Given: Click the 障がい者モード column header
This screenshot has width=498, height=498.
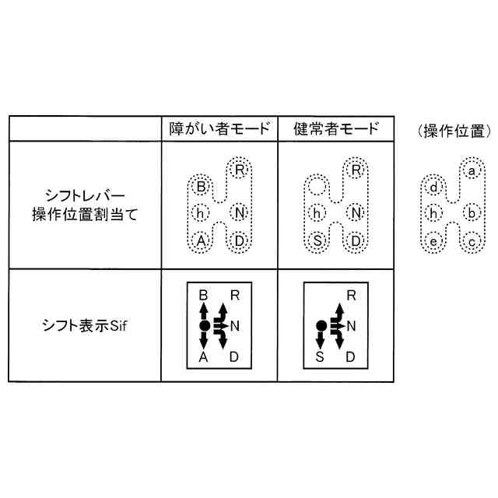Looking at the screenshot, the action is pyautogui.click(x=219, y=128).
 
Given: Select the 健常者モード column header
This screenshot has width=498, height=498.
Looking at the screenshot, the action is pyautogui.click(x=336, y=128).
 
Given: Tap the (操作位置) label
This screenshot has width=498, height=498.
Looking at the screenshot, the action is pyautogui.click(x=454, y=131).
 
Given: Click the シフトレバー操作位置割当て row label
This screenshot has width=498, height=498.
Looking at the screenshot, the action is pyautogui.click(x=85, y=205).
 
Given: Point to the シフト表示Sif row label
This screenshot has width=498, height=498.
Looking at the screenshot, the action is pyautogui.click(x=85, y=326).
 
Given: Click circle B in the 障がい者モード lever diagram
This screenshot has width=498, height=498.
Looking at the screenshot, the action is pyautogui.click(x=201, y=187).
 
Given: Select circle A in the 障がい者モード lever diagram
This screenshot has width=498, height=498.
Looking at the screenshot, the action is pyautogui.click(x=201, y=241).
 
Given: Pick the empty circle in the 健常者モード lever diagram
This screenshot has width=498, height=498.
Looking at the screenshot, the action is pyautogui.click(x=317, y=187).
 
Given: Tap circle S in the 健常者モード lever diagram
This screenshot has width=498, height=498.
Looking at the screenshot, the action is pyautogui.click(x=317, y=241).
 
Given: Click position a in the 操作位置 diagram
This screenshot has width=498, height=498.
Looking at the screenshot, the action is pyautogui.click(x=472, y=171).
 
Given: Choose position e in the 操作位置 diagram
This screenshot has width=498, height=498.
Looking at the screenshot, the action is pyautogui.click(x=433, y=242).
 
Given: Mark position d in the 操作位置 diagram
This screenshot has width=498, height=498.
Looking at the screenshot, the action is pyautogui.click(x=433, y=188).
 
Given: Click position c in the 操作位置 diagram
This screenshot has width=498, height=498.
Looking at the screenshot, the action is pyautogui.click(x=472, y=242).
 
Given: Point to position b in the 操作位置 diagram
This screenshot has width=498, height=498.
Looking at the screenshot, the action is pyautogui.click(x=472, y=213).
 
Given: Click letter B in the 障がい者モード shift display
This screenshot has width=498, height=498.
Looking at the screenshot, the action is pyautogui.click(x=203, y=296).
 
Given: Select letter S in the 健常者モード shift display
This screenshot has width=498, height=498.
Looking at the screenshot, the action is pyautogui.click(x=320, y=357).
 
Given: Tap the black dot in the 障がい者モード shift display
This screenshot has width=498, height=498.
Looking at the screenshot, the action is pyautogui.click(x=205, y=326).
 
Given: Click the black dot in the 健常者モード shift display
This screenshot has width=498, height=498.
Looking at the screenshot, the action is pyautogui.click(x=321, y=326).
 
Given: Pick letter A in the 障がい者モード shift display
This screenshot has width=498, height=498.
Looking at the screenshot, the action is pyautogui.click(x=203, y=357).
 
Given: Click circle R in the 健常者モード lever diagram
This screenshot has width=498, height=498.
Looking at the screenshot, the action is pyautogui.click(x=356, y=170).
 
